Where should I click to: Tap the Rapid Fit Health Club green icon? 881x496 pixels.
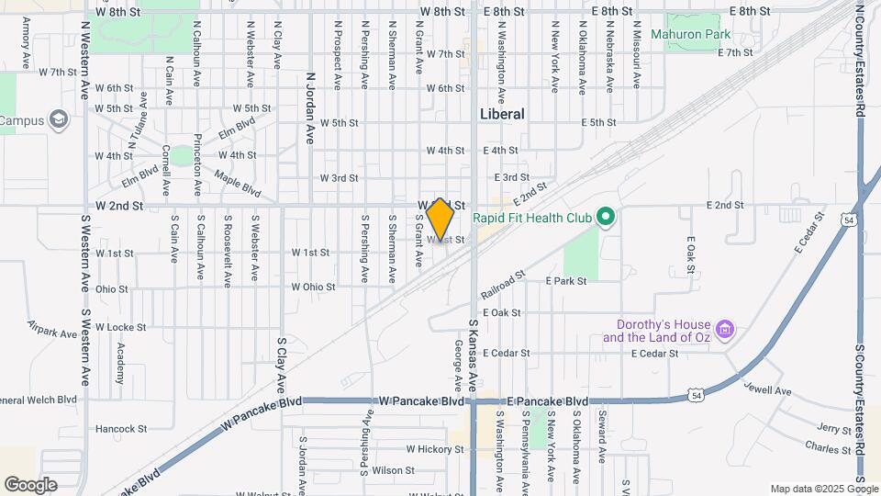[604, 218]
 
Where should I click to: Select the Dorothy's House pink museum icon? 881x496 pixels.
[725, 328]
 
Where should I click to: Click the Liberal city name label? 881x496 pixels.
[502, 115]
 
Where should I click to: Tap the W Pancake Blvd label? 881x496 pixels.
[422, 401]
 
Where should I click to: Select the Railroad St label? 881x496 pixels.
[502, 284]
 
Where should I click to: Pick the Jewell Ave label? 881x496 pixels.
[766, 390]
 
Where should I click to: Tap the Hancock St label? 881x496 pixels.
[121, 429]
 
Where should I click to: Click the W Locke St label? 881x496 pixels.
[121, 327]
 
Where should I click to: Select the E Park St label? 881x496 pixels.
[565, 281]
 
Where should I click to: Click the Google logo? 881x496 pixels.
[30, 484]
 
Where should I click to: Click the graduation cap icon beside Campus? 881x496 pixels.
[60, 120]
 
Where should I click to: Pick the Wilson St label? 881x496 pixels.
[393, 470]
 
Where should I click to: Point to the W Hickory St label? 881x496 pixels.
[434, 450]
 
